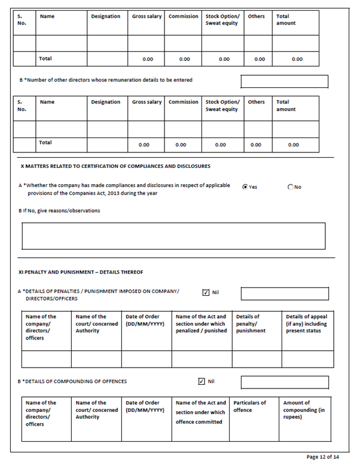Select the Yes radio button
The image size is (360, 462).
click(245, 187)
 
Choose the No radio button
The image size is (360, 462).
click(291, 187)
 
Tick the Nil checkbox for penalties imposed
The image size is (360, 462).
click(206, 293)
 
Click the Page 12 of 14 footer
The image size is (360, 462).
click(322, 457)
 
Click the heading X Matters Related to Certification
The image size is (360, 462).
click(115, 166)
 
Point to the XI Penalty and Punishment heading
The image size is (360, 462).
click(81, 273)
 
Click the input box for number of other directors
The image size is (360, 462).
click(284, 81)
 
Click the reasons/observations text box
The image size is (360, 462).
click(173, 235)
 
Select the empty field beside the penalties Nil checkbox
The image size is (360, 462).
click(284, 293)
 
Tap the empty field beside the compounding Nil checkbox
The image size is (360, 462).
click(284, 382)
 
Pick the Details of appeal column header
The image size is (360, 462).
click(307, 323)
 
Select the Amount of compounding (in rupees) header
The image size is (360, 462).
click(307, 410)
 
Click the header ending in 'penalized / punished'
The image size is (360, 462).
click(201, 323)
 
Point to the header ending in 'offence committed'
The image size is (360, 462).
click(200, 412)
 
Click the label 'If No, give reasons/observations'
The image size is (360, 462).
click(59, 210)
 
